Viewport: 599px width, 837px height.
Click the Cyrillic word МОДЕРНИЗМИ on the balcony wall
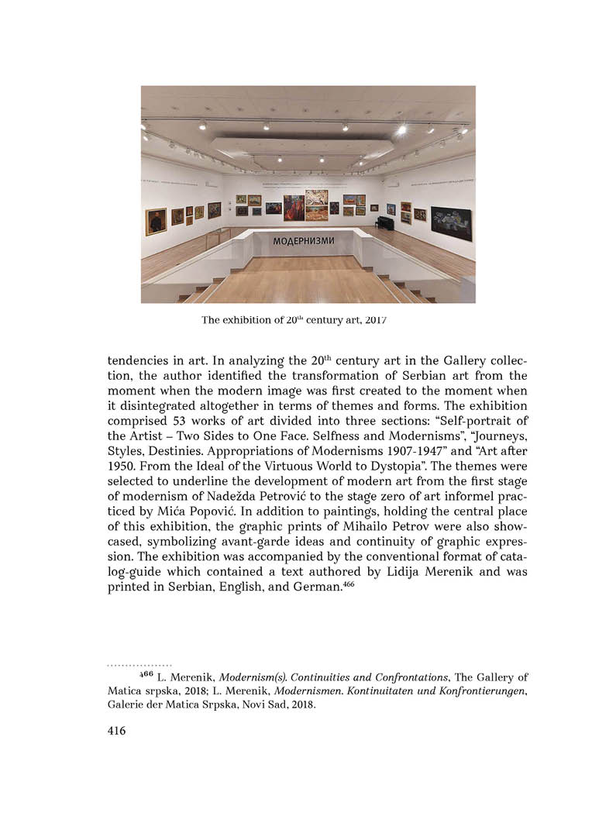[304, 241]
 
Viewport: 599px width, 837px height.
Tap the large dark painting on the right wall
[451, 222]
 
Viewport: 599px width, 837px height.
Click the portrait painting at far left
[156, 221]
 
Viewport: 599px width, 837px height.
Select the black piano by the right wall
[384, 223]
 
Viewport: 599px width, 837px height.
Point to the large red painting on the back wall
[294, 208]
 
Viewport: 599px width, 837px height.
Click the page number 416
[117, 731]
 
